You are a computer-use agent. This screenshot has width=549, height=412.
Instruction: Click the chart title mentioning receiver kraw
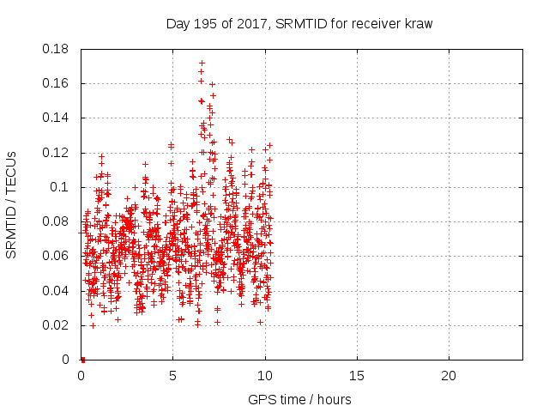click(x=299, y=24)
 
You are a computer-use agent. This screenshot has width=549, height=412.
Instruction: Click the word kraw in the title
click(x=418, y=24)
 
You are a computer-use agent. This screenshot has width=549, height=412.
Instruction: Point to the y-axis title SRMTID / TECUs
click(x=12, y=203)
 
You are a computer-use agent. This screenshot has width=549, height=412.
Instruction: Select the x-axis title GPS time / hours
click(x=299, y=399)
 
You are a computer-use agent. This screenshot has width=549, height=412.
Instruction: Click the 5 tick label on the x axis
click(x=173, y=376)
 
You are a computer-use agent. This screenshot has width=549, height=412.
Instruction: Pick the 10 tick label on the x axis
click(x=265, y=376)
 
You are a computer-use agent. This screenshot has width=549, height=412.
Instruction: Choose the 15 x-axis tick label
click(x=357, y=376)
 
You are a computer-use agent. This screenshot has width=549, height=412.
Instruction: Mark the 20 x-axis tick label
click(x=449, y=376)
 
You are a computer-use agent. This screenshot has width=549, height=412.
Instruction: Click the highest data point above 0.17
click(x=202, y=63)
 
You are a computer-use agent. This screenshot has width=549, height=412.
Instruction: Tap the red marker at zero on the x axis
click(x=82, y=359)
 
